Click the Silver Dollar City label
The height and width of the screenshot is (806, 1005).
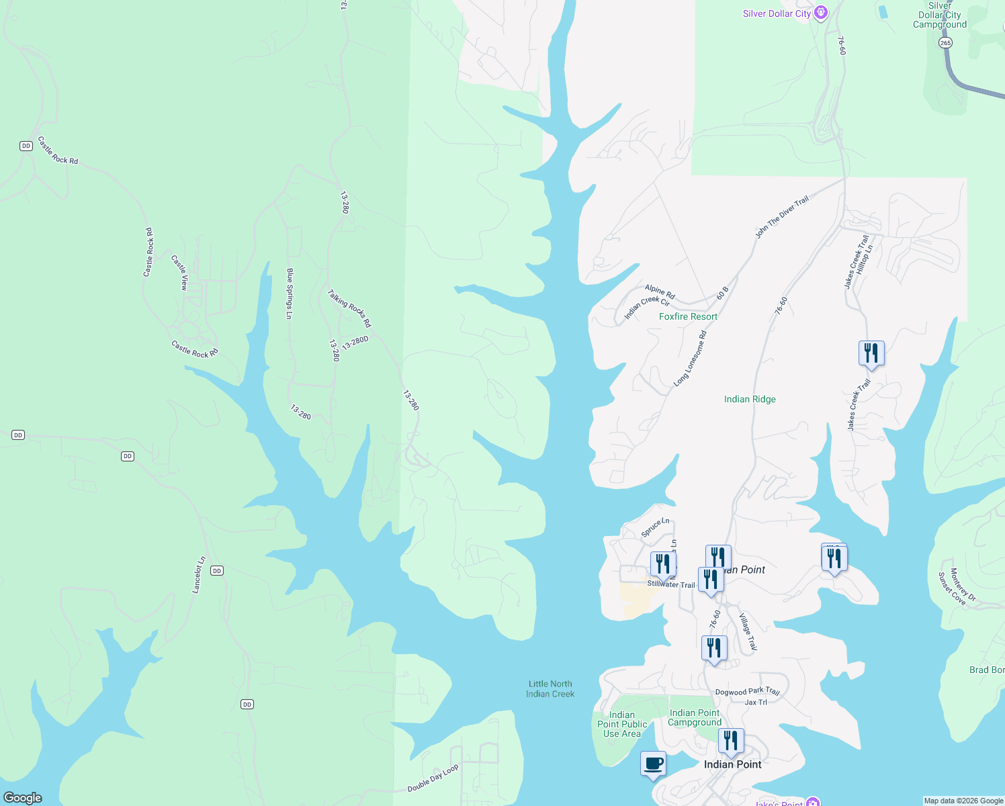click(x=777, y=14)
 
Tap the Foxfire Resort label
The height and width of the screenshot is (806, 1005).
click(x=688, y=316)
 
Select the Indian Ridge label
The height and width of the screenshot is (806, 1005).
click(x=750, y=399)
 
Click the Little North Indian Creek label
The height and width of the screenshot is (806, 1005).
click(x=550, y=689)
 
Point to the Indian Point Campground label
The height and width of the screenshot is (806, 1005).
click(x=695, y=717)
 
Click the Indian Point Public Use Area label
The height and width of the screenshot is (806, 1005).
click(x=622, y=724)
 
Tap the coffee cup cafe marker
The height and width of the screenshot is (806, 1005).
click(x=653, y=764)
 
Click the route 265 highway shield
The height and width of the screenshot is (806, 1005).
click(x=945, y=43)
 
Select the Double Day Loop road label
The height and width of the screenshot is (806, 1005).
click(x=433, y=778)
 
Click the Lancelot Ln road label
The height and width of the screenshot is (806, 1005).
click(x=199, y=575)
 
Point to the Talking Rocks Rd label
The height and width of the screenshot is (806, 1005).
click(x=349, y=308)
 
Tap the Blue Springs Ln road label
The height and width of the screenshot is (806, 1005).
click(x=290, y=294)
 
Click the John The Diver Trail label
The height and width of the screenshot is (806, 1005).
click(x=782, y=218)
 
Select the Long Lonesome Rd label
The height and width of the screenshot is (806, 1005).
click(x=691, y=359)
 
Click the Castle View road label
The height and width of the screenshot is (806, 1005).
click(x=179, y=272)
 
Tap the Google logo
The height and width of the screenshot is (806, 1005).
click(x=23, y=798)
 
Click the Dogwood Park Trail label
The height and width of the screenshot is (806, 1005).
click(x=747, y=691)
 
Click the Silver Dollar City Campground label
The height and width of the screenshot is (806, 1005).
click(x=939, y=15)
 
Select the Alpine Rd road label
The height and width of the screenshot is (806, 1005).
click(x=660, y=292)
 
